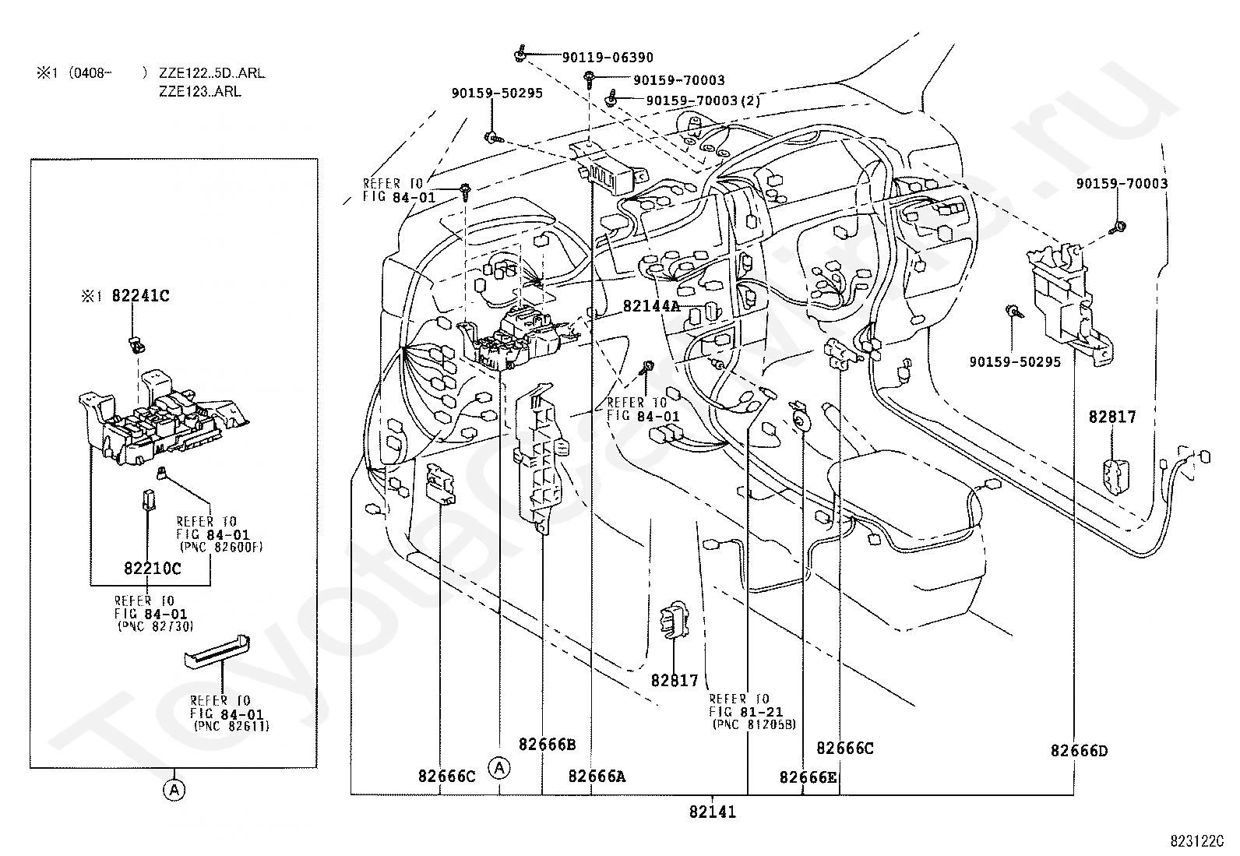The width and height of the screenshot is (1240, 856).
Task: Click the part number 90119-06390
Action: coord(608,57)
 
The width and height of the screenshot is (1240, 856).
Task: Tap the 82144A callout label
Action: coord(651,306)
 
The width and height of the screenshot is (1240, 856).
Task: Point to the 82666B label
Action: coord(547,744)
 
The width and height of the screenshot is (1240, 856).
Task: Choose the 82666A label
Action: coord(597,776)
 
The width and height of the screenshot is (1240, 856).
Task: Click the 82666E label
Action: coord(808,777)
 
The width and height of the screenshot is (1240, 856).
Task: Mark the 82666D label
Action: coord(1079,751)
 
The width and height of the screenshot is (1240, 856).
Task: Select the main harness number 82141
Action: coord(712,812)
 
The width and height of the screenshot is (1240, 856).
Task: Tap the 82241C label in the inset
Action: coord(141,296)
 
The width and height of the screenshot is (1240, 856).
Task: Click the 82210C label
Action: coord(152,568)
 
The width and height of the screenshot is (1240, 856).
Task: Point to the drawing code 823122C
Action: coord(1196,841)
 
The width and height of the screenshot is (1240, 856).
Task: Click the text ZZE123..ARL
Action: coord(199,91)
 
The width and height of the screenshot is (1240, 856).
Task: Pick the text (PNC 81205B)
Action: coord(754,724)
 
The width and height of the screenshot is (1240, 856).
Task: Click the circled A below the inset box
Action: coord(174,790)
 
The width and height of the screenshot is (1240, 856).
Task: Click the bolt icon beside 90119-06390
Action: coord(520,55)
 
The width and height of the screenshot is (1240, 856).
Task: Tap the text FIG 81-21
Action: coord(745,712)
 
